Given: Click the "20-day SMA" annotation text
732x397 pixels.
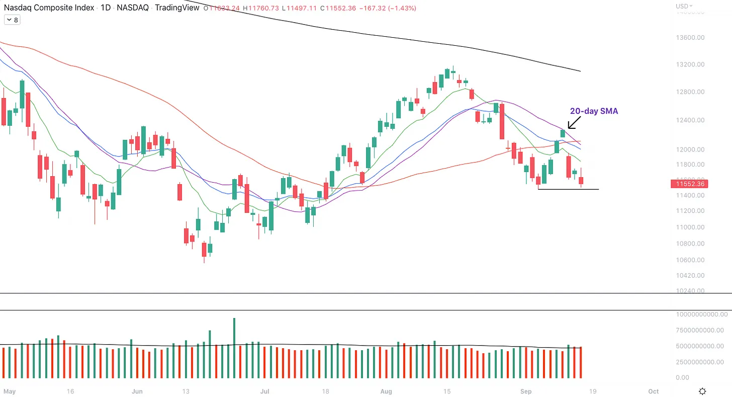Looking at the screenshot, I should [594, 111].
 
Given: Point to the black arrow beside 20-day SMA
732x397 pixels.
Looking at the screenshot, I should [574, 122].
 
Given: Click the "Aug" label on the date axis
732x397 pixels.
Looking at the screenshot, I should [386, 391].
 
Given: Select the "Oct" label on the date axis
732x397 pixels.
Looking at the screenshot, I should [654, 391].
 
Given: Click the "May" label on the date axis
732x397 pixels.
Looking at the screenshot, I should [10, 391].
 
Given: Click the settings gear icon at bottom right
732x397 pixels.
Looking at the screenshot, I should [703, 391].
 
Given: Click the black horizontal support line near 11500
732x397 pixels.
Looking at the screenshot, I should [568, 189].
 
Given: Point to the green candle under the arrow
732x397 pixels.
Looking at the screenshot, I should [563, 133].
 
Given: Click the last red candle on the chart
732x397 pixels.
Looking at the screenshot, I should [581, 180].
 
